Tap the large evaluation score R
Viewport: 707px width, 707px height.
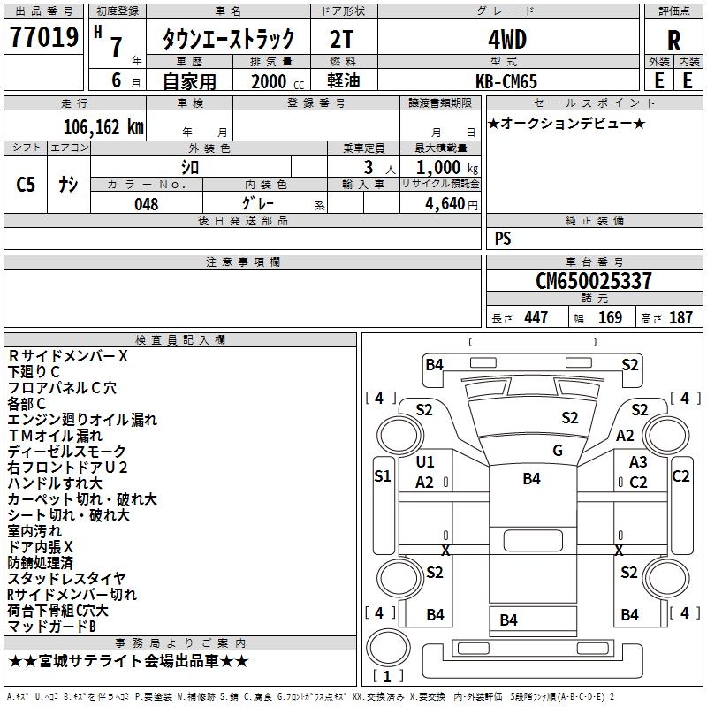point(674,41)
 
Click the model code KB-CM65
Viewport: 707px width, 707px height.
point(506,80)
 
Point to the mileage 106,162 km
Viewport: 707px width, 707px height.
point(103,126)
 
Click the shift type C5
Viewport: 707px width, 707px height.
point(26,184)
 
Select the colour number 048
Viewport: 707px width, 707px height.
point(147,204)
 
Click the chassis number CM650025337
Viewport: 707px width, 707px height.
point(594,281)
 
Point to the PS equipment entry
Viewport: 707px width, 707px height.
point(503,239)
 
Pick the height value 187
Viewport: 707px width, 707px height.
point(680,318)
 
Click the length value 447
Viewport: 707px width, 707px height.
point(536,318)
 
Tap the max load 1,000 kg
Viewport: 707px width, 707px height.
point(440,167)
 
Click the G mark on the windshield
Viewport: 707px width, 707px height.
point(558,451)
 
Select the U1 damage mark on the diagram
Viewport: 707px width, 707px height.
point(425,461)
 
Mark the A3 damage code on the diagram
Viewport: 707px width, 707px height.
point(638,461)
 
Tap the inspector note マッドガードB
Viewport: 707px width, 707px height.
point(51,627)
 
